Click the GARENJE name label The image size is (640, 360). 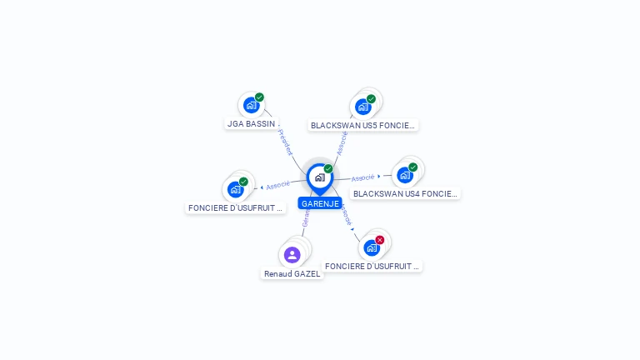click(320, 203)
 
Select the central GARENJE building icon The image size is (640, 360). click(319, 177)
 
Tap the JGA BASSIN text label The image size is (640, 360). click(251, 123)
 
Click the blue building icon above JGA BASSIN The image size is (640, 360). click(251, 105)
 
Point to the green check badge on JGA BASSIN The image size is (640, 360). click(259, 97)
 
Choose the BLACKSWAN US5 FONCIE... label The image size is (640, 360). click(362, 125)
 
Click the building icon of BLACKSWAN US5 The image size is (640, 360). click(363, 106)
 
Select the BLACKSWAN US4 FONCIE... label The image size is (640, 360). click(405, 193)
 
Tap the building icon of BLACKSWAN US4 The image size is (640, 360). click(405, 175)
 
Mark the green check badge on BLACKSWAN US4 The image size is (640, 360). click(412, 167)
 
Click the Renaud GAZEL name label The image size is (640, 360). click(292, 273)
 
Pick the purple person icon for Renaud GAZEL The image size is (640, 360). click(292, 254)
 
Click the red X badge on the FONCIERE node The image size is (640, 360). click(380, 240)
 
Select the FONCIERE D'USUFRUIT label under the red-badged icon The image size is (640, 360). click(372, 266)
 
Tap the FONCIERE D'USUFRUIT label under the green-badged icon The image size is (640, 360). click(236, 208)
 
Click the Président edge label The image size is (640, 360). click(286, 142)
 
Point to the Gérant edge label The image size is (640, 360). click(306, 217)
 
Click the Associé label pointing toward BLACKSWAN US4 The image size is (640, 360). click(362, 177)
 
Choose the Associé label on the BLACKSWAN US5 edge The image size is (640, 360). click(342, 142)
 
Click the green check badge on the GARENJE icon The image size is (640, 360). click(328, 169)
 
